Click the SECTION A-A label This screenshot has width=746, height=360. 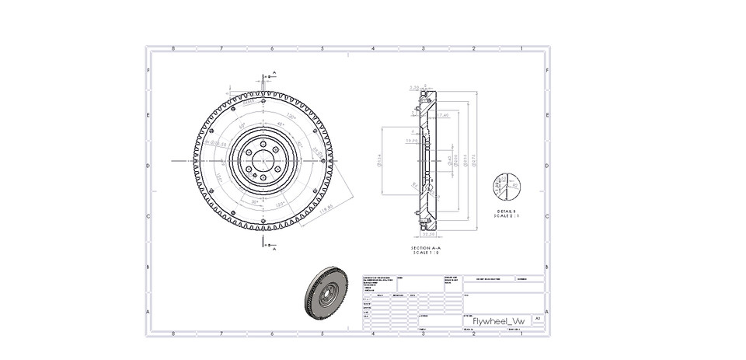[x=425, y=248]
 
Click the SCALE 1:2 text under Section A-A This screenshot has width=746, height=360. [x=425, y=253]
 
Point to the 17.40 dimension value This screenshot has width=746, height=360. [x=443, y=115]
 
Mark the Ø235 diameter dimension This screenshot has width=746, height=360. [x=464, y=162]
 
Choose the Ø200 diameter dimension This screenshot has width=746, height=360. [x=456, y=162]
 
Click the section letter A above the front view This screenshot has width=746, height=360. [x=273, y=74]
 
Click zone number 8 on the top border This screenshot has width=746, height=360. [x=173, y=48]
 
